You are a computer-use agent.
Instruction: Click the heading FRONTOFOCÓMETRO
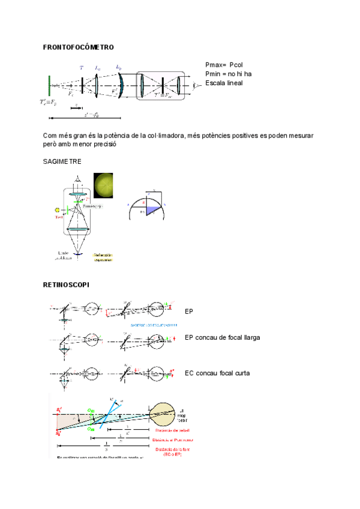pos(79,47)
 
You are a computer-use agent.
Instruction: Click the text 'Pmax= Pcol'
pos(224,65)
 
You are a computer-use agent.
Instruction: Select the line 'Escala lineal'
pos(224,83)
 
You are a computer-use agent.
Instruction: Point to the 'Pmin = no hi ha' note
pos(228,74)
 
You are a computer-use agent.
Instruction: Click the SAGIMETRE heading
pos(62,162)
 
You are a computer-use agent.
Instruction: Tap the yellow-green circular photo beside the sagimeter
pos(103,185)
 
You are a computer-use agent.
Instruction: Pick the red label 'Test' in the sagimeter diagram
pos(59,217)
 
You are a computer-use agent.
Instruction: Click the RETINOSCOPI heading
pos(66,285)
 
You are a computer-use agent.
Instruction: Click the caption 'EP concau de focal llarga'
pos(223,338)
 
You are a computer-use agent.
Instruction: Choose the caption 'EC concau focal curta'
pos(217,373)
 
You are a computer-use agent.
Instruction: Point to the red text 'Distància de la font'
pos(172,450)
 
